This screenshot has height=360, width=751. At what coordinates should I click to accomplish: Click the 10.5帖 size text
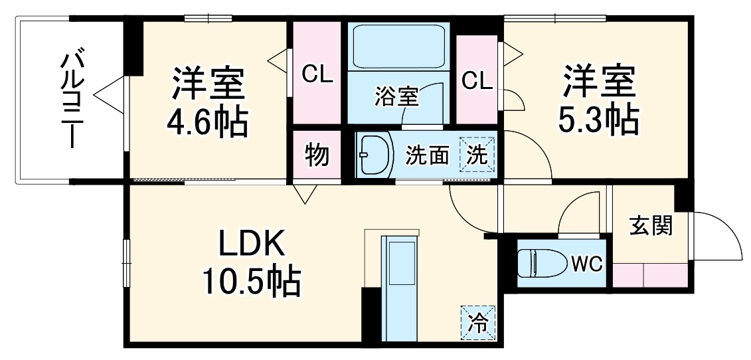tap(252, 282)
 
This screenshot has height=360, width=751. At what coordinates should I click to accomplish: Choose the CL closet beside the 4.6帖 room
tap(317, 74)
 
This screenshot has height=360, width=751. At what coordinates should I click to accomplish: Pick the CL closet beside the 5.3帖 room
tap(477, 80)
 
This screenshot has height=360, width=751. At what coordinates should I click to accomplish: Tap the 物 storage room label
tap(317, 155)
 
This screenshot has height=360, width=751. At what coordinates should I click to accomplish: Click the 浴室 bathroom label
tap(396, 97)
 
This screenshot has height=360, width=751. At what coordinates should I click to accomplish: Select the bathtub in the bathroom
tap(398, 46)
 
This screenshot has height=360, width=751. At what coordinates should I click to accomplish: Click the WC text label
tap(586, 264)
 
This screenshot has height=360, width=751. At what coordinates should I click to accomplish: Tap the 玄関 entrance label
tap(651, 226)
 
